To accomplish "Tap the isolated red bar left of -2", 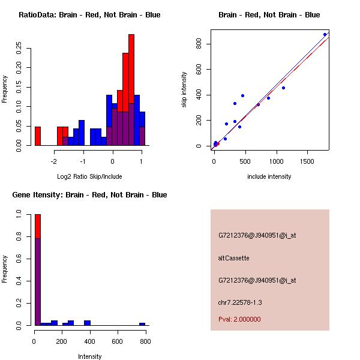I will pos(38,136).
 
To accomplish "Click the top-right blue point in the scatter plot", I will pos(325,34).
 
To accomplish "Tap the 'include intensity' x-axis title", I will pos(269,176).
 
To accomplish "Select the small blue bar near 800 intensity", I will pos(142,324).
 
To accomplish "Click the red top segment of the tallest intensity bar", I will pos(38,226).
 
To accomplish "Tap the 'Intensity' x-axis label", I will pos(90,356).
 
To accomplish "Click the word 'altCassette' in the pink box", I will pos(233,258).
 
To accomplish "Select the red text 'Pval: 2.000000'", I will pos(239,319).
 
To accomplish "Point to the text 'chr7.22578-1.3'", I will pos(240,302).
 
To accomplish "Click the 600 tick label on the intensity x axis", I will pos(116,341).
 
